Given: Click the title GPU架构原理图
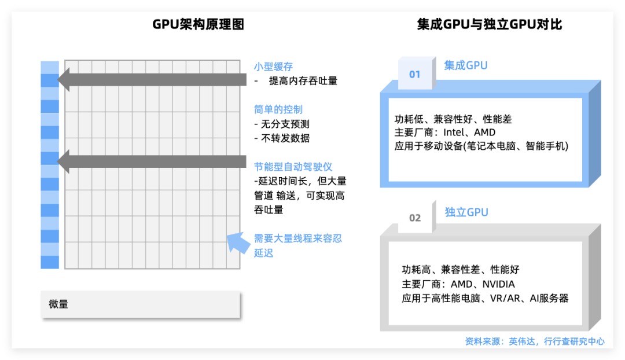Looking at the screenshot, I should pos(198,24).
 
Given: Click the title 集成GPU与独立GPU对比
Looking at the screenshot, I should pos(489,24).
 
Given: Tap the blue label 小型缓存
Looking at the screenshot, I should pos(273,67).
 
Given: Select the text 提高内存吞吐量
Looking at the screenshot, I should pos(303,81).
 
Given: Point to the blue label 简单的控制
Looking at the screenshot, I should pos(278,109).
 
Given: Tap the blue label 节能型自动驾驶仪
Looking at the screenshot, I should pos(293,167).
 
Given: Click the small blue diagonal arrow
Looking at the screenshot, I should pos(236,243).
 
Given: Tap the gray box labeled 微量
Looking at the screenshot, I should pos(141,304).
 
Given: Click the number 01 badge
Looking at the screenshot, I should pos(415,74).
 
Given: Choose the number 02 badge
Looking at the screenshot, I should pos(415,218).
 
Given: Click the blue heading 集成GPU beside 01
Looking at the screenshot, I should pos(466,65).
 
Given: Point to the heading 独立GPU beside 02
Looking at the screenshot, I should pos(466,212).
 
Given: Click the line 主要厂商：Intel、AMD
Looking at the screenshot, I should pos(444,133).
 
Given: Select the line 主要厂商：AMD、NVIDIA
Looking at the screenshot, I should pos(458,284).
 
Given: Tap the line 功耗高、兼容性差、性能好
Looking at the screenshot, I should pos(461,270).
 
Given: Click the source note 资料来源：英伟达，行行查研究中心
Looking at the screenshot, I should pos(535,341).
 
